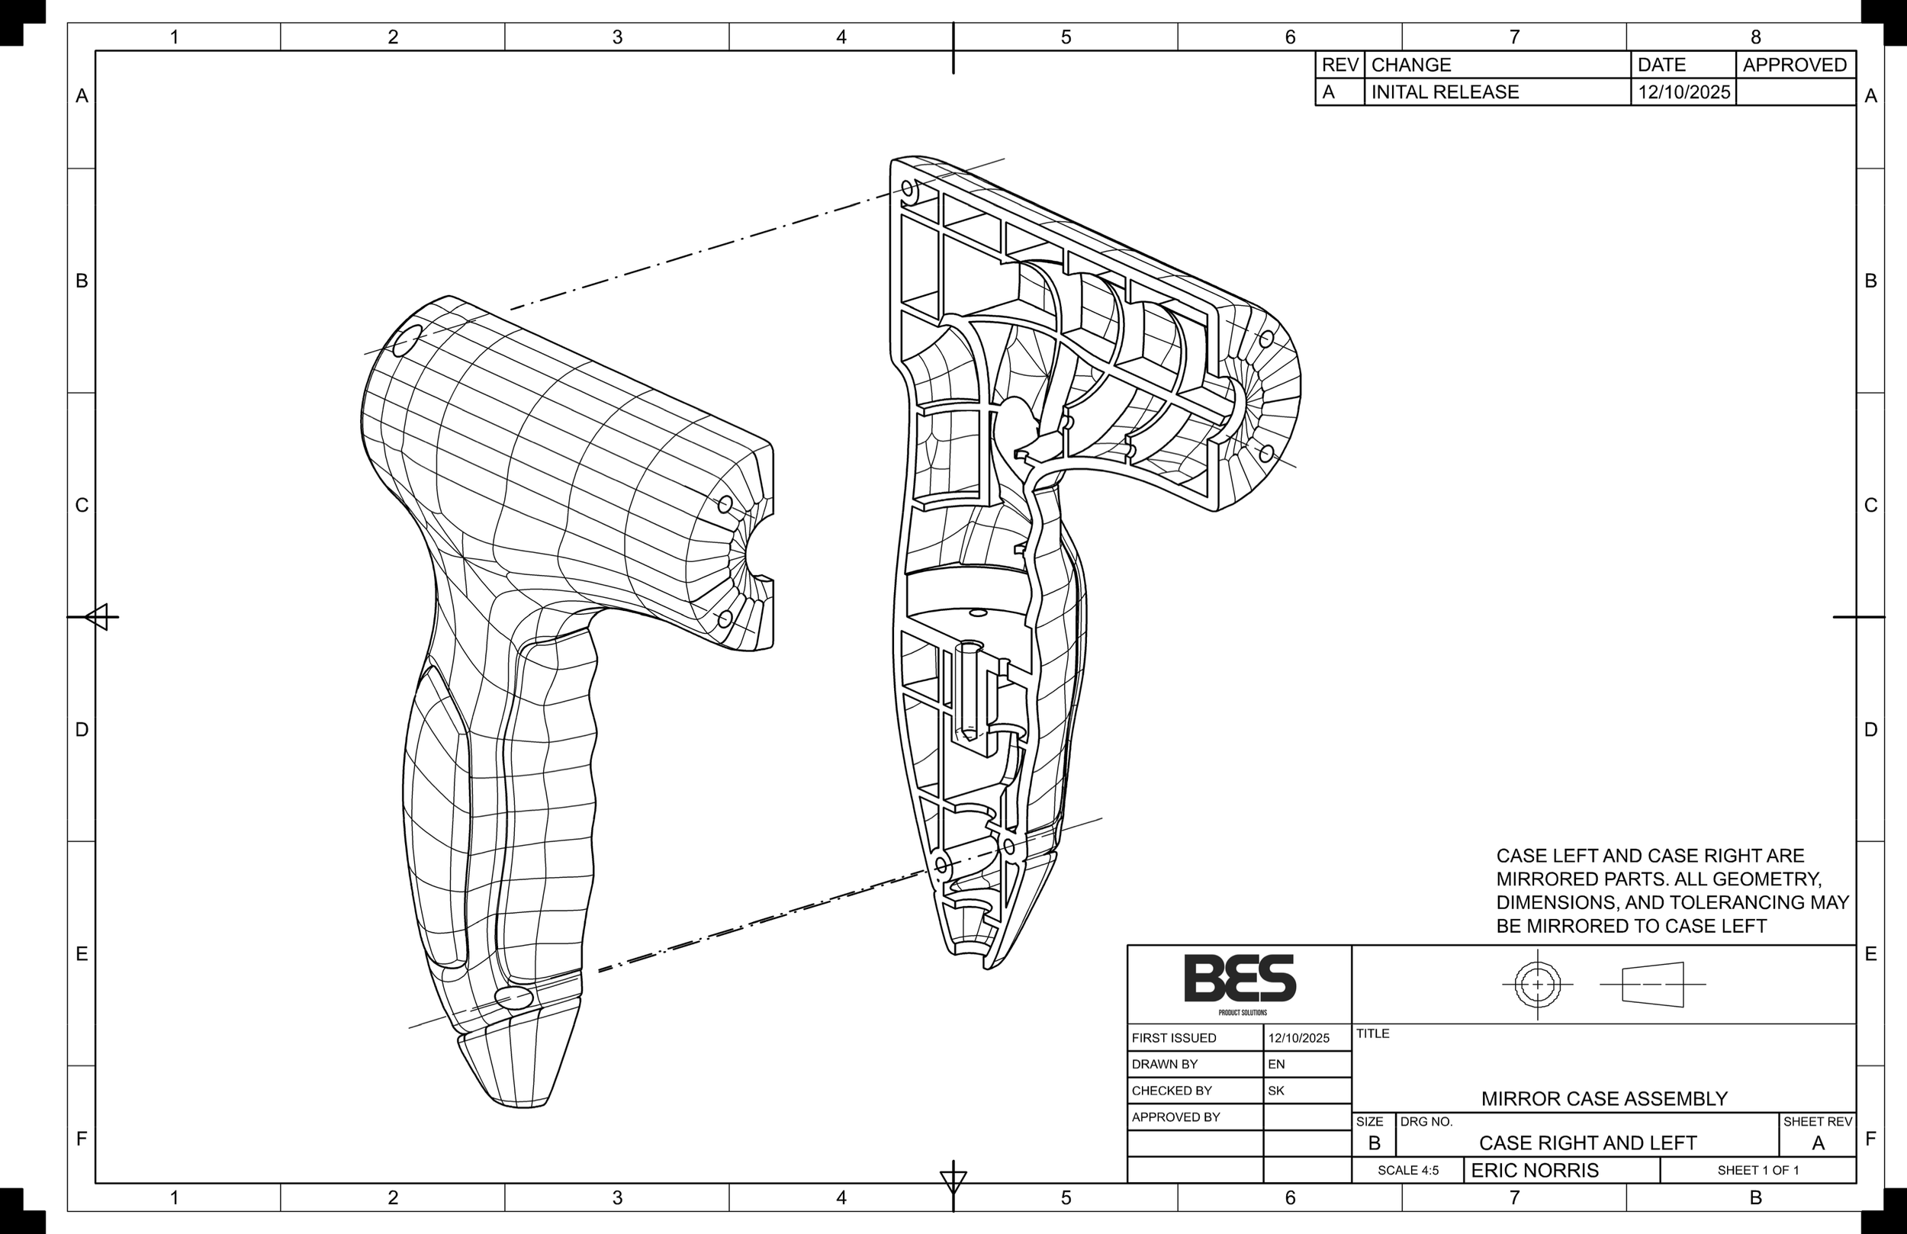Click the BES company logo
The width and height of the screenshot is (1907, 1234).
tap(1240, 979)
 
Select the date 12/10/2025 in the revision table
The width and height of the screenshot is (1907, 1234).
tap(1683, 92)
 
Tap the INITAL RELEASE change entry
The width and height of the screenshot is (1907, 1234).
tap(1445, 92)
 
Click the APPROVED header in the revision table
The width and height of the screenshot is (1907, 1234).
tap(1794, 65)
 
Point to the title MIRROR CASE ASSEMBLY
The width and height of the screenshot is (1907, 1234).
tap(1604, 1098)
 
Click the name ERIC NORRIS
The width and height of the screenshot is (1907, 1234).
tap(1535, 1171)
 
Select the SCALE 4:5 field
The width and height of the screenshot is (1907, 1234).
tap(1408, 1171)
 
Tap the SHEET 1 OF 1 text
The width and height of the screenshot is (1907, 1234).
tap(1758, 1171)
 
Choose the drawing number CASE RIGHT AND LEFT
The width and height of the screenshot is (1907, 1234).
tap(1587, 1143)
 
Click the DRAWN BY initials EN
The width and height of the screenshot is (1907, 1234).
tap(1276, 1064)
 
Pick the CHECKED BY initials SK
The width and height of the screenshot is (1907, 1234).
tap(1276, 1091)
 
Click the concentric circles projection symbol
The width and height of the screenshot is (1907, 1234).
tap(1537, 984)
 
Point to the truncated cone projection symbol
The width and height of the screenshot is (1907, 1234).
tap(1653, 984)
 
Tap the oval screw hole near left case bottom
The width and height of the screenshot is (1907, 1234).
tap(513, 998)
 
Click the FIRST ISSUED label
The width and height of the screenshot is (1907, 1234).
tap(1174, 1039)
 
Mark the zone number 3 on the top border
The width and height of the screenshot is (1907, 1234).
tap(617, 37)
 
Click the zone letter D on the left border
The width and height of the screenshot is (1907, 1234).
tap(82, 730)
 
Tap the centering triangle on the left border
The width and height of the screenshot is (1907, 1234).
tap(97, 617)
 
